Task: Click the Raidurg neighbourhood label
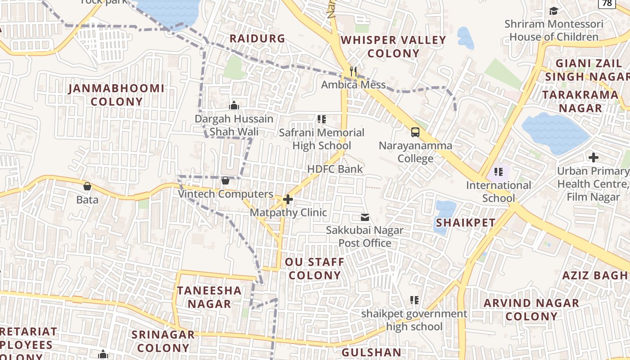[257, 39]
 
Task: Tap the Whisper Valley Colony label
[393, 47]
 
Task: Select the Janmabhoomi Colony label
[117, 95]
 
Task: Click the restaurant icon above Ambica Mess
[354, 72]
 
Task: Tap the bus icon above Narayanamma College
[415, 132]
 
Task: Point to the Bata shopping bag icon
[87, 186]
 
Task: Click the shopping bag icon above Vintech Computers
[225, 180]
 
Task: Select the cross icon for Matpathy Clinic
[288, 199]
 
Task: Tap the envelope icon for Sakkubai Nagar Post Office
[364, 218]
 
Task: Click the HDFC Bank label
[335, 169]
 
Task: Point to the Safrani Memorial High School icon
[321, 119]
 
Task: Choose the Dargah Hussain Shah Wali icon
[234, 105]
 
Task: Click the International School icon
[498, 171]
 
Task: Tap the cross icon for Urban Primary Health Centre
[594, 157]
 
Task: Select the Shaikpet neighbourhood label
[465, 223]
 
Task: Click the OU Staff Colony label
[315, 269]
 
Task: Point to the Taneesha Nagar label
[209, 297]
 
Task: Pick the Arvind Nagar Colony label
[531, 310]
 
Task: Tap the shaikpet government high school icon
[414, 300]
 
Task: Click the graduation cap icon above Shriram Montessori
[553, 11]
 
